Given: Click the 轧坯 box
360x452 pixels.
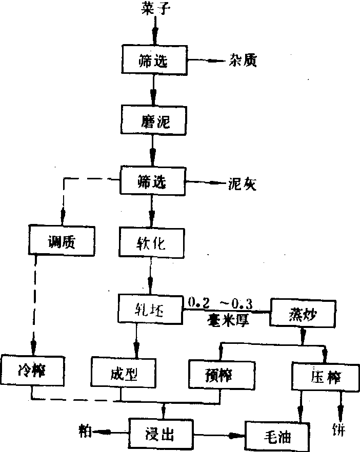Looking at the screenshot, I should click(150, 309).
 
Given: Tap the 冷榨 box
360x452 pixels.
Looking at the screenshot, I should click(31, 369).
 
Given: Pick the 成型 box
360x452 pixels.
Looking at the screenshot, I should click(123, 372).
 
